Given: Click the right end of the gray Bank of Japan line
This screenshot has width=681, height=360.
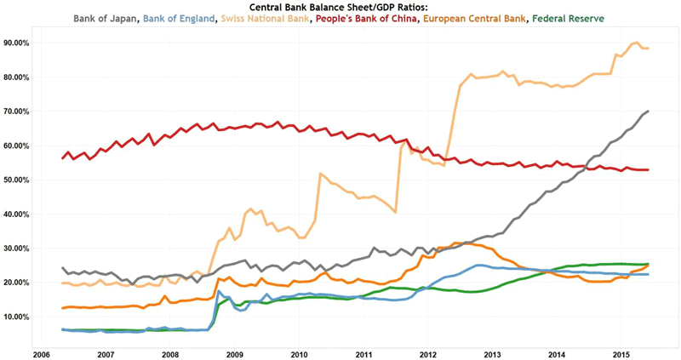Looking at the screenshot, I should [x=650, y=111].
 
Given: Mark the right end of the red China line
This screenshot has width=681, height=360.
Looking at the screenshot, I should [x=650, y=169].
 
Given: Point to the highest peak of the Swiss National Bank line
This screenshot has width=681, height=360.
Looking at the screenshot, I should [x=637, y=43].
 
